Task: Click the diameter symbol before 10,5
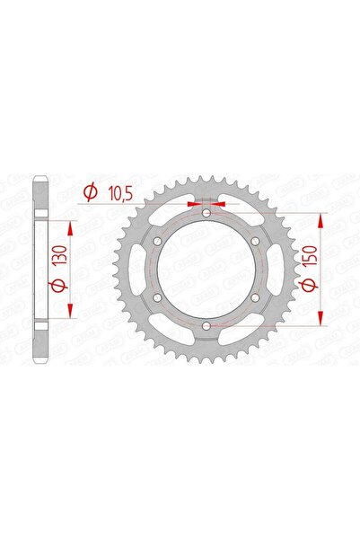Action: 91,191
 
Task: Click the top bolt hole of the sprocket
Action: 206,214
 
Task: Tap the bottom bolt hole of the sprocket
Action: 206,324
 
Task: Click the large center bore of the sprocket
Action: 206,270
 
